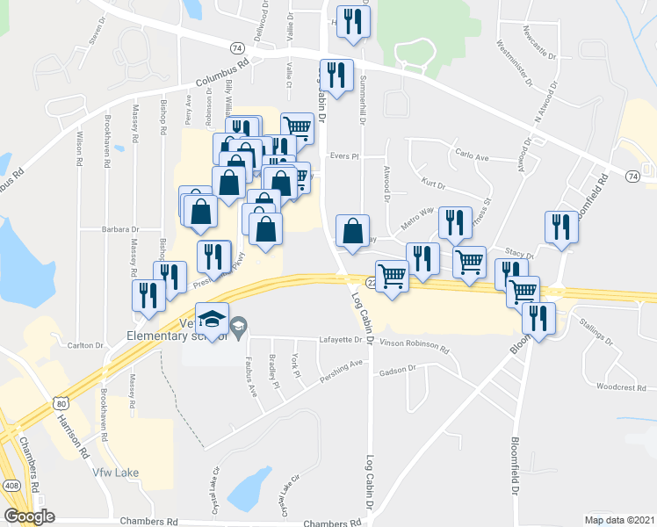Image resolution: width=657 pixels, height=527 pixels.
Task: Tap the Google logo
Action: (x=29, y=516)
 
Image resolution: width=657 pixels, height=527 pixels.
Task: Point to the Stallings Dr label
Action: (x=601, y=335)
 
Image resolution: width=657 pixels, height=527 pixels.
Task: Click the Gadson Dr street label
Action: (x=398, y=372)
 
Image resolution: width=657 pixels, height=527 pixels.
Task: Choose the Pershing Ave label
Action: (x=343, y=364)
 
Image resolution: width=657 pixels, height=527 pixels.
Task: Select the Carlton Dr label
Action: (x=85, y=345)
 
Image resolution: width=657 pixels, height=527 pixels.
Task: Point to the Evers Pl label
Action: (x=344, y=156)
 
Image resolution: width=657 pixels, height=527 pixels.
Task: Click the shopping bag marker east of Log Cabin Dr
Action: (x=352, y=232)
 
